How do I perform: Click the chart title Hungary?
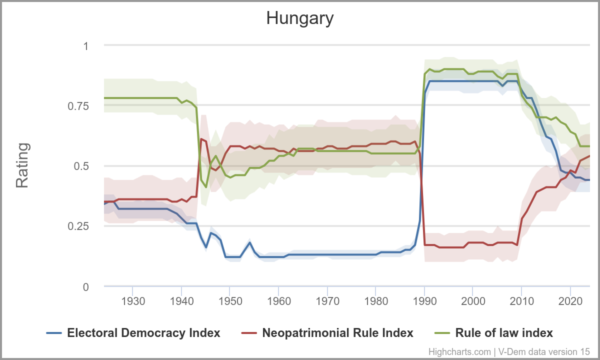tap(299, 18)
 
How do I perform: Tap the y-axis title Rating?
tap(22, 165)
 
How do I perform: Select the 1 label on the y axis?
tap(85, 46)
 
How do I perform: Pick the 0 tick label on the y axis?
tap(85, 287)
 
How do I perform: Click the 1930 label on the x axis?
tap(133, 301)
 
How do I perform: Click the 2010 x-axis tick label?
tap(521, 301)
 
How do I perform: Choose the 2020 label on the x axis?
tap(570, 301)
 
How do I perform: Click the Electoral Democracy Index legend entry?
tap(143, 333)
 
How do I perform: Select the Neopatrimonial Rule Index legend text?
tap(337, 333)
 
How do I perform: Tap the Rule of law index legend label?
tap(504, 333)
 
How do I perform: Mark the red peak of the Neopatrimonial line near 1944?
tap(201, 139)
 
